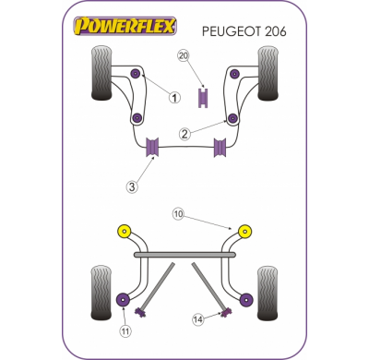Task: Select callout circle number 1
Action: (173, 96)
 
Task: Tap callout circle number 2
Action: (184, 134)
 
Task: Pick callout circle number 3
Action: (132, 186)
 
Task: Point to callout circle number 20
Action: (183, 55)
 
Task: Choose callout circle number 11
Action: (125, 330)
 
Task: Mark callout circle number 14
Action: (196, 319)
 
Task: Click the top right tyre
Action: (268, 73)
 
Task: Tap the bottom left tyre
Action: (101, 290)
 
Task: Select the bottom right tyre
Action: (268, 290)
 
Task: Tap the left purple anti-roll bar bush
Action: (154, 145)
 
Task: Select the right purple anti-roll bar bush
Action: (220, 145)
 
